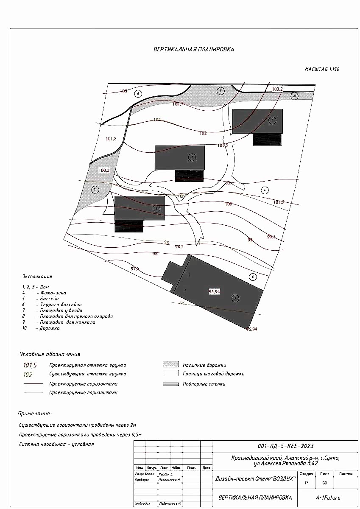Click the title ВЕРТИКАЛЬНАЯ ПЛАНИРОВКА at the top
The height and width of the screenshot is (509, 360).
[193, 49]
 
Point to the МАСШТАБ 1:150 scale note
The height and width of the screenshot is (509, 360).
[322, 69]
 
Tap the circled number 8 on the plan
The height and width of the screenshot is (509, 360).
[138, 94]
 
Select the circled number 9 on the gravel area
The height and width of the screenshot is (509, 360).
[220, 90]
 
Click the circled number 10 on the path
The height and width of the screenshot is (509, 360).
[295, 96]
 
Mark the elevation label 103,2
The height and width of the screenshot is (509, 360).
[277, 89]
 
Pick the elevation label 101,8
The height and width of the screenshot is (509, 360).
[111, 138]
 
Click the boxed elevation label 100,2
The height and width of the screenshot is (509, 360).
[104, 170]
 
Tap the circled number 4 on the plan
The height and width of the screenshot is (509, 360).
[265, 190]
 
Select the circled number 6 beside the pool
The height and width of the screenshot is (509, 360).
[253, 277]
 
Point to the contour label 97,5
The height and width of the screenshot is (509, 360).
[135, 268]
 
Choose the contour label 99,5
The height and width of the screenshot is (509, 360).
[271, 237]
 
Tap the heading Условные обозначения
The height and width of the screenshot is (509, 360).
[50, 354]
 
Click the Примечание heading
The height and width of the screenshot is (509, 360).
[34, 413]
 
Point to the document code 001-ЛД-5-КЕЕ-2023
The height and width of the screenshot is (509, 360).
[285, 446]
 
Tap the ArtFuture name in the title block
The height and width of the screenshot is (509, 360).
[328, 498]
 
